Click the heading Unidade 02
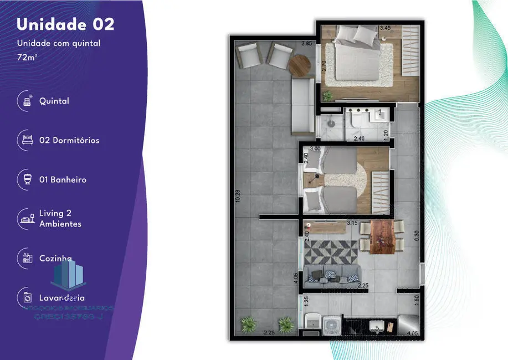coord(65,24)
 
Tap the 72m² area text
coord(27,56)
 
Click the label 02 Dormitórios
coord(69,141)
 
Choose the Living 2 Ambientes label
coord(60,218)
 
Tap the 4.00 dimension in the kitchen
coord(412,333)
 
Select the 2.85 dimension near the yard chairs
coord(306,44)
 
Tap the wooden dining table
coord(381,235)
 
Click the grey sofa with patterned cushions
coord(335,273)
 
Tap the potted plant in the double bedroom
coord(328,96)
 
